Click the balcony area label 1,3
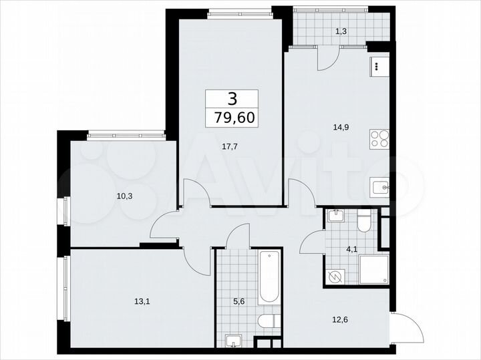(341, 29)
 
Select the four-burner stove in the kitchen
(379, 140)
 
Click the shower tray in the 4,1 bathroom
(373, 271)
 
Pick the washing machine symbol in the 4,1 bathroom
(336, 275)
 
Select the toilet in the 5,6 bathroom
(269, 321)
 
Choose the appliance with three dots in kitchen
(378, 67)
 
